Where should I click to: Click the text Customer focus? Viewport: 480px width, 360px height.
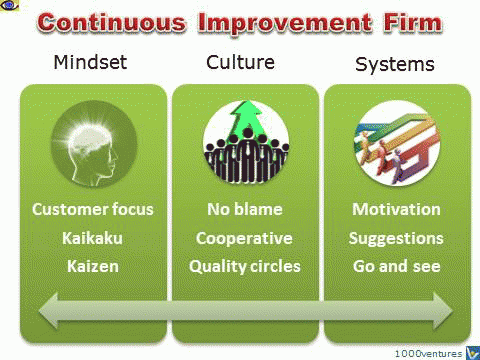(x=92, y=210)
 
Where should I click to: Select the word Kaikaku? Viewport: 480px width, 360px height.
(x=92, y=240)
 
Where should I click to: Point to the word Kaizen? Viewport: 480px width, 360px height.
(x=92, y=268)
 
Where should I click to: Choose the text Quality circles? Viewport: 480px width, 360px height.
(x=244, y=268)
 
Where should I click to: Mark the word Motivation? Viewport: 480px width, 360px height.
(x=396, y=210)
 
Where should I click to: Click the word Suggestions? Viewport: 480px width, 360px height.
(x=396, y=240)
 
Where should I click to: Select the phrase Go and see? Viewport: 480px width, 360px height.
(x=396, y=268)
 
